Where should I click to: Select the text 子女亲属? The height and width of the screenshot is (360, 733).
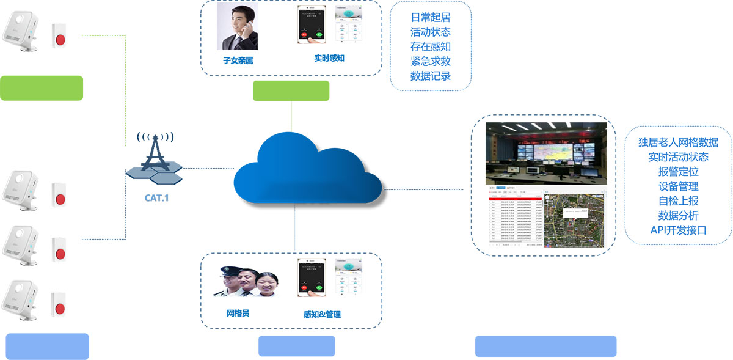[238, 61]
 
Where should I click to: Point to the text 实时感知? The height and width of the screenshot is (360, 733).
[329, 58]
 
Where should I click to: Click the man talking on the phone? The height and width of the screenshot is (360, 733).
[237, 28]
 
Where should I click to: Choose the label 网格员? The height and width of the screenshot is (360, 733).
[238, 314]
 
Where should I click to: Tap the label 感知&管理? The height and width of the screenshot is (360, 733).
[322, 314]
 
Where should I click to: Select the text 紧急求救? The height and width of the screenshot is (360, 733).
[431, 61]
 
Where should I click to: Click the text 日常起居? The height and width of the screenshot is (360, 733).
[431, 17]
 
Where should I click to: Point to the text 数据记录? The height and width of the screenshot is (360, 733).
[431, 76]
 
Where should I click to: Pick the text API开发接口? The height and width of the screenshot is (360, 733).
[678, 230]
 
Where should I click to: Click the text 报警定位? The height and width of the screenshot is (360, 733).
[678, 172]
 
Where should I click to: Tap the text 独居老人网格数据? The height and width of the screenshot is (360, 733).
[678, 142]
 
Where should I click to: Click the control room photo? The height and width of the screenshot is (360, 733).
[546, 153]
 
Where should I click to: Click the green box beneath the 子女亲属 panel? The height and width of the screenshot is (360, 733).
[291, 90]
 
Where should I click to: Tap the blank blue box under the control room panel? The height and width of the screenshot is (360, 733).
[545, 346]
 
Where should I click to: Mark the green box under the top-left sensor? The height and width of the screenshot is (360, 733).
[42, 88]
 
